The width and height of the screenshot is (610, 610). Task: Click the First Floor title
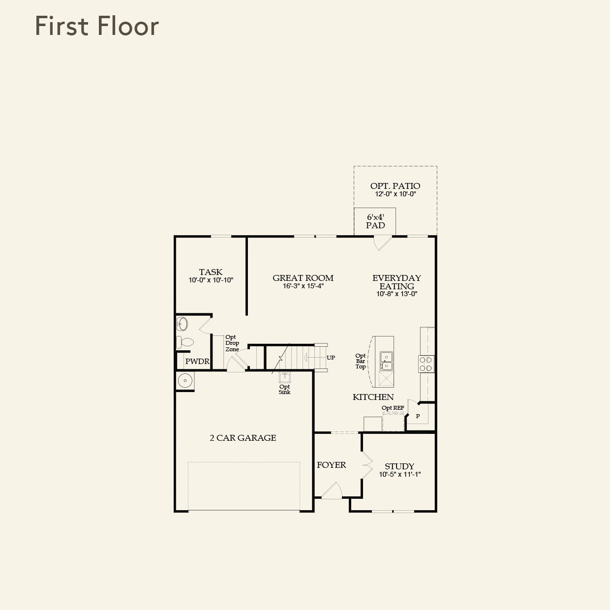pos(97,26)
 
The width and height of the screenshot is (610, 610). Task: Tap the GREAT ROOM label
pos(303,278)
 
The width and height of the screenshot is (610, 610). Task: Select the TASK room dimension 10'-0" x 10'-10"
pos(211,280)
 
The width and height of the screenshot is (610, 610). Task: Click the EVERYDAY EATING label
pos(396,282)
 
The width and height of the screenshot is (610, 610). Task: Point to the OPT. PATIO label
pos(395,186)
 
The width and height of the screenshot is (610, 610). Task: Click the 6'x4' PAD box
pos(375,221)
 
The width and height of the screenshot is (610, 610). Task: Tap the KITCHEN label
pos(373,397)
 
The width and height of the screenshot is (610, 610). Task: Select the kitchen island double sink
pos(386,361)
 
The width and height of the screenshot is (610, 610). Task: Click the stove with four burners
pos(426,364)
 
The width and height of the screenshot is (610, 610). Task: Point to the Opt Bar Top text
pos(361,361)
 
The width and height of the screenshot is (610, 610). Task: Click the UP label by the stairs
pos(331,358)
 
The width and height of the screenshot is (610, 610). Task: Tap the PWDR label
pos(197,362)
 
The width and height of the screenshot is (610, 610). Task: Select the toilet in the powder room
pos(185,341)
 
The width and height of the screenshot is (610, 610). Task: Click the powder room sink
pos(183,324)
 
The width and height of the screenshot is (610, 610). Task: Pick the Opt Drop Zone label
pos(232,343)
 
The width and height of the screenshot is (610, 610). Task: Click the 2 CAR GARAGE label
pos(243,438)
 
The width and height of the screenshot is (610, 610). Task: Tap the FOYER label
pos(331,465)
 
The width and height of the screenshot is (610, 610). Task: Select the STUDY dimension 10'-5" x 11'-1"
pos(399,475)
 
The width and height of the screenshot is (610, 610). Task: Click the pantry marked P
pos(418,416)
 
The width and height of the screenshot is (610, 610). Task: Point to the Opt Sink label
pos(284,389)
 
